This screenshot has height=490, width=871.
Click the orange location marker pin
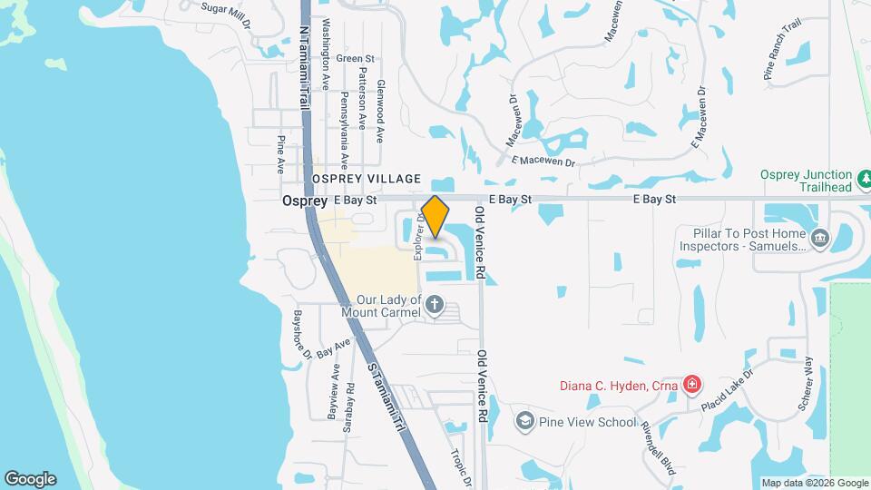click(x=435, y=216)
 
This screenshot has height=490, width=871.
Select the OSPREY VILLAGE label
click(x=367, y=179)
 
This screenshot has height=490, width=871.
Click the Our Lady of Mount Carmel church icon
click(x=435, y=306)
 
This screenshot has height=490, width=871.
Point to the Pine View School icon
click(x=524, y=421)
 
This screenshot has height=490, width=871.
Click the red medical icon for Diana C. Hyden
click(x=692, y=385)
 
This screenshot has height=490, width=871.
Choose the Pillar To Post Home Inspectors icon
click(x=820, y=239)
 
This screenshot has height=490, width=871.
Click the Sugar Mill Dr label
click(x=225, y=7)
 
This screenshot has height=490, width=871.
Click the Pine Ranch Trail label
click(x=784, y=63)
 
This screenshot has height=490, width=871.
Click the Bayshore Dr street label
click(x=302, y=334)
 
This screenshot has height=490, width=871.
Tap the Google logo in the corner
click(x=30, y=479)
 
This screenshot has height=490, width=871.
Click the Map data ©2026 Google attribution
click(x=814, y=483)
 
